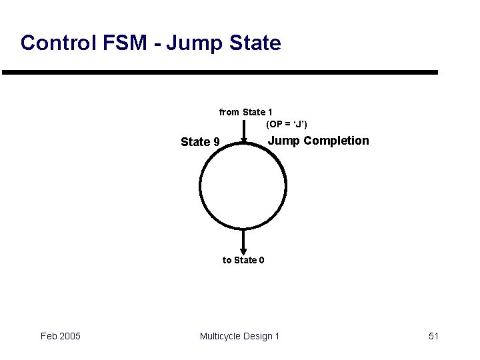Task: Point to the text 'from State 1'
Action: click(245, 112)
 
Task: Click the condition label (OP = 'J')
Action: click(287, 124)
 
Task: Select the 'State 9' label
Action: click(200, 142)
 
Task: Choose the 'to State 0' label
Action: click(243, 260)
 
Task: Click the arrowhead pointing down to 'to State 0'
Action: click(243, 250)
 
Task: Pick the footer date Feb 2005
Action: click(61, 336)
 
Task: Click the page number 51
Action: click(434, 336)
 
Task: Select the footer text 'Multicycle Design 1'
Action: click(240, 336)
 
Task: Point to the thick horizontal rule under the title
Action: click(220, 72)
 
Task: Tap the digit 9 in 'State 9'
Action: click(216, 142)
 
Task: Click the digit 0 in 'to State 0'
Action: click(261, 260)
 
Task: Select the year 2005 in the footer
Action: click(69, 336)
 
